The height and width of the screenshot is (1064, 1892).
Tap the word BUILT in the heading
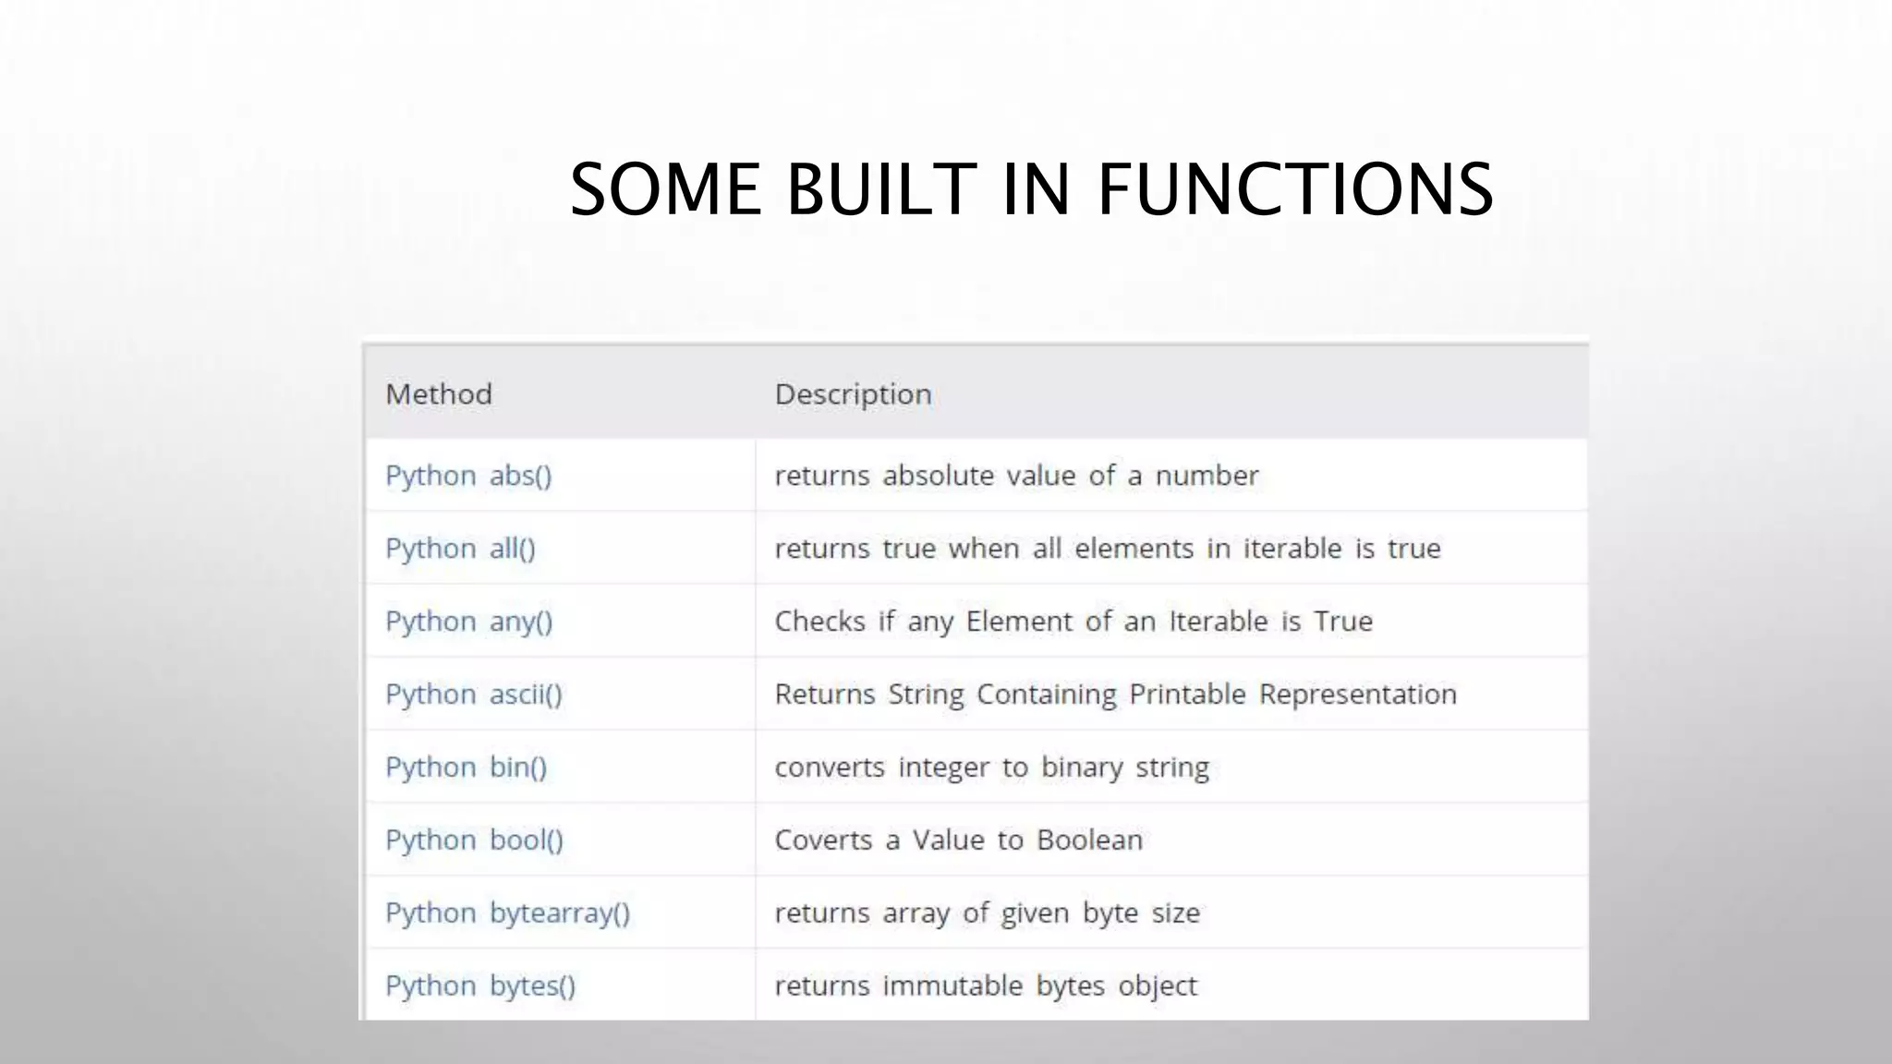(x=880, y=189)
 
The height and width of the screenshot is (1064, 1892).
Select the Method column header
(x=439, y=394)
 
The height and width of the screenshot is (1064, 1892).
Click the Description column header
(x=853, y=394)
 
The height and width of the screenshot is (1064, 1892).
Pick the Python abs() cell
(x=468, y=476)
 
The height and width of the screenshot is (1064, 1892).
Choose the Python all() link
(x=460, y=549)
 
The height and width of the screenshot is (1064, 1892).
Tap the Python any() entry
(x=468, y=622)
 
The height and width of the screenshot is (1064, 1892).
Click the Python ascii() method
(x=473, y=695)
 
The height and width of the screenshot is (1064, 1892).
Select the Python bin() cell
(x=466, y=768)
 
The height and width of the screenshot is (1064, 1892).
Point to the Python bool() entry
(x=474, y=840)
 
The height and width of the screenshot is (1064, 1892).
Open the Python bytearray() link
(x=507, y=913)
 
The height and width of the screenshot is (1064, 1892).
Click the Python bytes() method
(x=479, y=986)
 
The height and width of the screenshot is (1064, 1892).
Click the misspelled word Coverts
(x=823, y=840)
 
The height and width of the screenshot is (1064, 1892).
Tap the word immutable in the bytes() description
(x=952, y=986)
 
